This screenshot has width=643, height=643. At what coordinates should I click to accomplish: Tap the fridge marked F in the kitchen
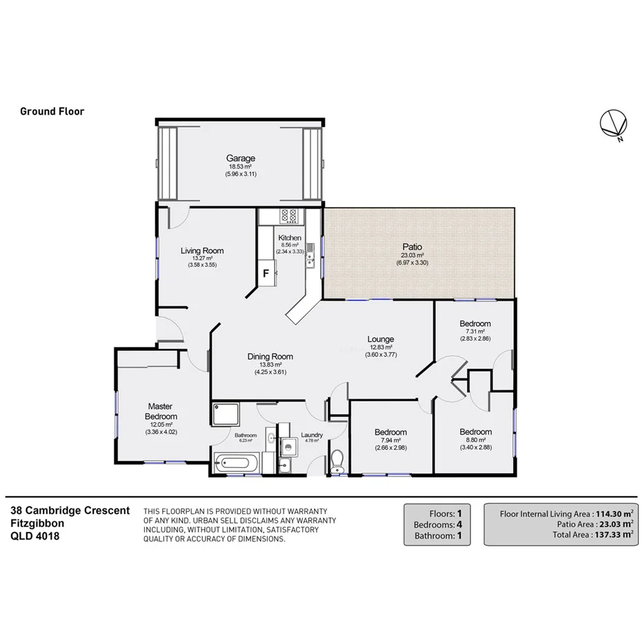tap(265, 273)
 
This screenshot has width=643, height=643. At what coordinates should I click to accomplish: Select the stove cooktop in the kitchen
tap(290, 215)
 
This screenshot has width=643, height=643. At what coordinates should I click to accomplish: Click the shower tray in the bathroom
tap(224, 415)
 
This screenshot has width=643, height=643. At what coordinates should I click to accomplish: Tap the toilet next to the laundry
tap(337, 460)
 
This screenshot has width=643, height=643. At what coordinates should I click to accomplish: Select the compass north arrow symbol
tap(613, 125)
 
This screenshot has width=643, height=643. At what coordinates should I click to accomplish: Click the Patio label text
tap(413, 246)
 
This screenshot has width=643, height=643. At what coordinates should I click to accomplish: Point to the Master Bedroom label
tap(161, 411)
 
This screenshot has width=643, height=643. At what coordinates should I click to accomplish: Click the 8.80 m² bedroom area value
tap(476, 440)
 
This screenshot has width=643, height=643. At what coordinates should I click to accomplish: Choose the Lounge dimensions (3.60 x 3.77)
tap(380, 355)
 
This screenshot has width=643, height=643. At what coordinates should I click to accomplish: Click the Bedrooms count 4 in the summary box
tap(458, 524)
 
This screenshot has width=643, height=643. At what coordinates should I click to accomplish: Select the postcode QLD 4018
tap(34, 535)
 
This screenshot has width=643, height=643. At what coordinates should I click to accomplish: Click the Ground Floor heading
tap(52, 111)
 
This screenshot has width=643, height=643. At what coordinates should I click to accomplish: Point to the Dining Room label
tap(270, 357)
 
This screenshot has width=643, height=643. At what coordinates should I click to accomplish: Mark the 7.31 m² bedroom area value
tap(475, 332)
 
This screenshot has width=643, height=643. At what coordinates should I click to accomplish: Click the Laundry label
tap(312, 435)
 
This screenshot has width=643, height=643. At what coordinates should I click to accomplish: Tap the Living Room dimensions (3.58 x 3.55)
tap(202, 264)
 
